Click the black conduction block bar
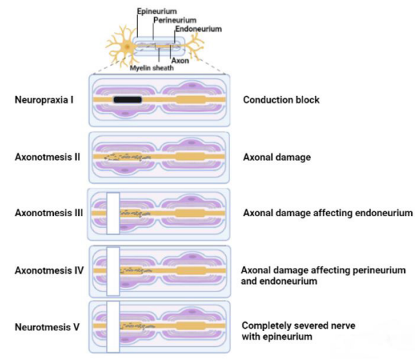(128, 100)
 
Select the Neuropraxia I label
(45, 100)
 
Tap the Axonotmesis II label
(47, 157)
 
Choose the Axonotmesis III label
(48, 213)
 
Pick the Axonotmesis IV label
(48, 270)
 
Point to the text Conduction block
(281, 100)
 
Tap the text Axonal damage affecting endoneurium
(327, 213)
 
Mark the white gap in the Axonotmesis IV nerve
(113, 270)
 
